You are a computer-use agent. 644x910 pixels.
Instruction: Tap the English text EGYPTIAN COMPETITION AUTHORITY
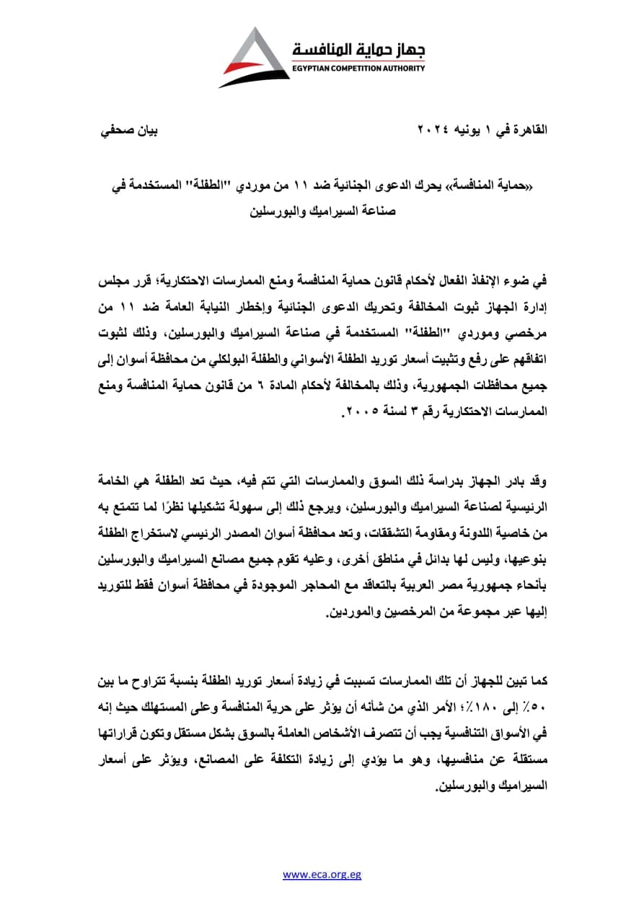(x=358, y=68)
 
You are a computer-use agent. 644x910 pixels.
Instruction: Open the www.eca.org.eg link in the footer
(x=322, y=875)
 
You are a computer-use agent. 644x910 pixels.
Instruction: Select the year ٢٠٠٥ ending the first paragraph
(x=358, y=414)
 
